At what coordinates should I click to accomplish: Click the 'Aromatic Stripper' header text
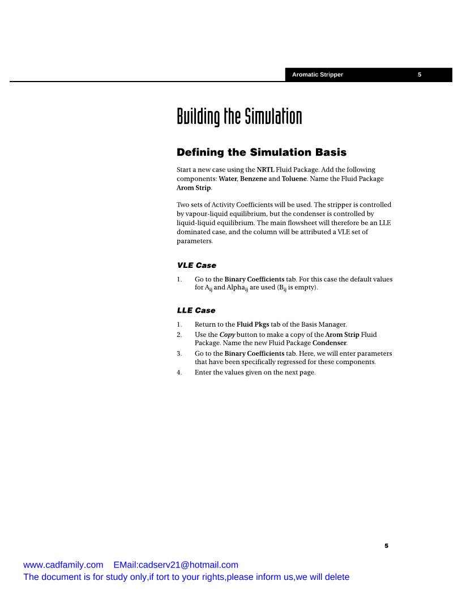click(x=317, y=75)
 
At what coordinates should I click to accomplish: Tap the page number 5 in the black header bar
click(x=420, y=75)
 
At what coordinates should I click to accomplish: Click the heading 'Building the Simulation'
click(x=239, y=117)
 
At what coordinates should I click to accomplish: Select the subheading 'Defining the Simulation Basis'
click(x=262, y=152)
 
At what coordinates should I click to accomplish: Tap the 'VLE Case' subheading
click(x=196, y=265)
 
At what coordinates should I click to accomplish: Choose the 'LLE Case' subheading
click(x=196, y=310)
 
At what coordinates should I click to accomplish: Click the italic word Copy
click(x=226, y=335)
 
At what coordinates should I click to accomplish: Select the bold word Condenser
click(x=332, y=344)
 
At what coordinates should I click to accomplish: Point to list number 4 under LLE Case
click(x=179, y=372)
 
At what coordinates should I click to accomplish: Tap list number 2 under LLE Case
click(x=179, y=335)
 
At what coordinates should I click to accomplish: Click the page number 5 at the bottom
click(x=387, y=546)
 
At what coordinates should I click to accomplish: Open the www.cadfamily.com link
click(x=63, y=565)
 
